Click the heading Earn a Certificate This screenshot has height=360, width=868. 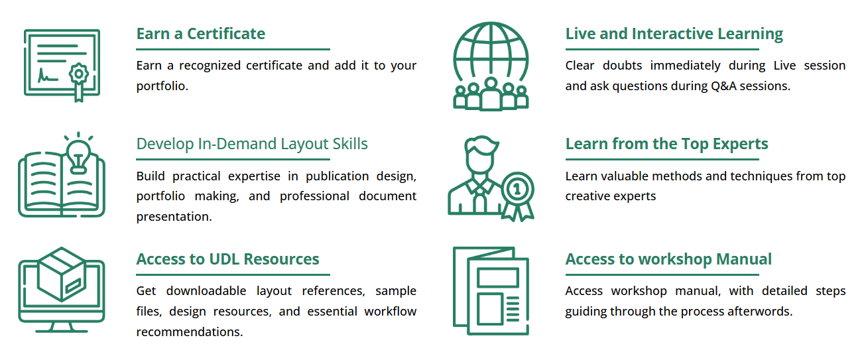[201, 34]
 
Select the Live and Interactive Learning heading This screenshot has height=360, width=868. [674, 34]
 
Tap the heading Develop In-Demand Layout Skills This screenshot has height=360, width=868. [252, 144]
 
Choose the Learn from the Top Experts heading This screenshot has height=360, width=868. [666, 144]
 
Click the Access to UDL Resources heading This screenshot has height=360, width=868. [227, 259]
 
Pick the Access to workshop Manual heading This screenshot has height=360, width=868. [668, 259]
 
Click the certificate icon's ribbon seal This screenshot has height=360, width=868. [79, 80]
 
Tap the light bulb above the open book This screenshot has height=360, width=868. [79, 155]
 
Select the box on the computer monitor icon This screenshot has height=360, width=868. [62, 274]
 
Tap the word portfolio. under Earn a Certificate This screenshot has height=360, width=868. [162, 86]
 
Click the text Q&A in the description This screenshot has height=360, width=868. [723, 86]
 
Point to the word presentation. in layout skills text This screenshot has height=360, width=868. [174, 217]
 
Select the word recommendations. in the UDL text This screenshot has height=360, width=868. [190, 331]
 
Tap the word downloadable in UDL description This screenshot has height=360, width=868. [206, 290]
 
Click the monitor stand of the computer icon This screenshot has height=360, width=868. [62, 328]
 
